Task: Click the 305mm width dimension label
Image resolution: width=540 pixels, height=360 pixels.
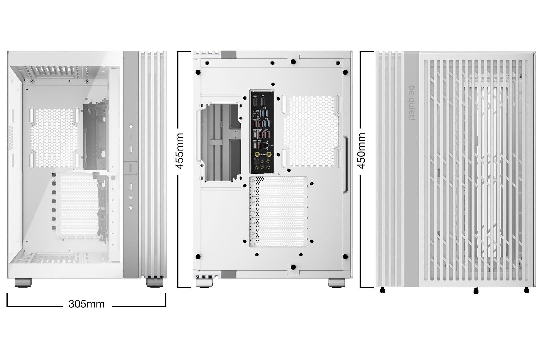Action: [x=86, y=304]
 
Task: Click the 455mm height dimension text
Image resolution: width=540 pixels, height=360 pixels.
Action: [x=180, y=151]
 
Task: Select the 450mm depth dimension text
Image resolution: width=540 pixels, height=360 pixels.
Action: [x=362, y=151]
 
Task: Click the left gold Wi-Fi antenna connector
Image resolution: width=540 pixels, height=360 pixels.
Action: [x=256, y=155]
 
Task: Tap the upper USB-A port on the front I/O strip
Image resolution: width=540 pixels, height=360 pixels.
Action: [x=131, y=148]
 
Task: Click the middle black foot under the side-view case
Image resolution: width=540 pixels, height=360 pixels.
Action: [x=475, y=291]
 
